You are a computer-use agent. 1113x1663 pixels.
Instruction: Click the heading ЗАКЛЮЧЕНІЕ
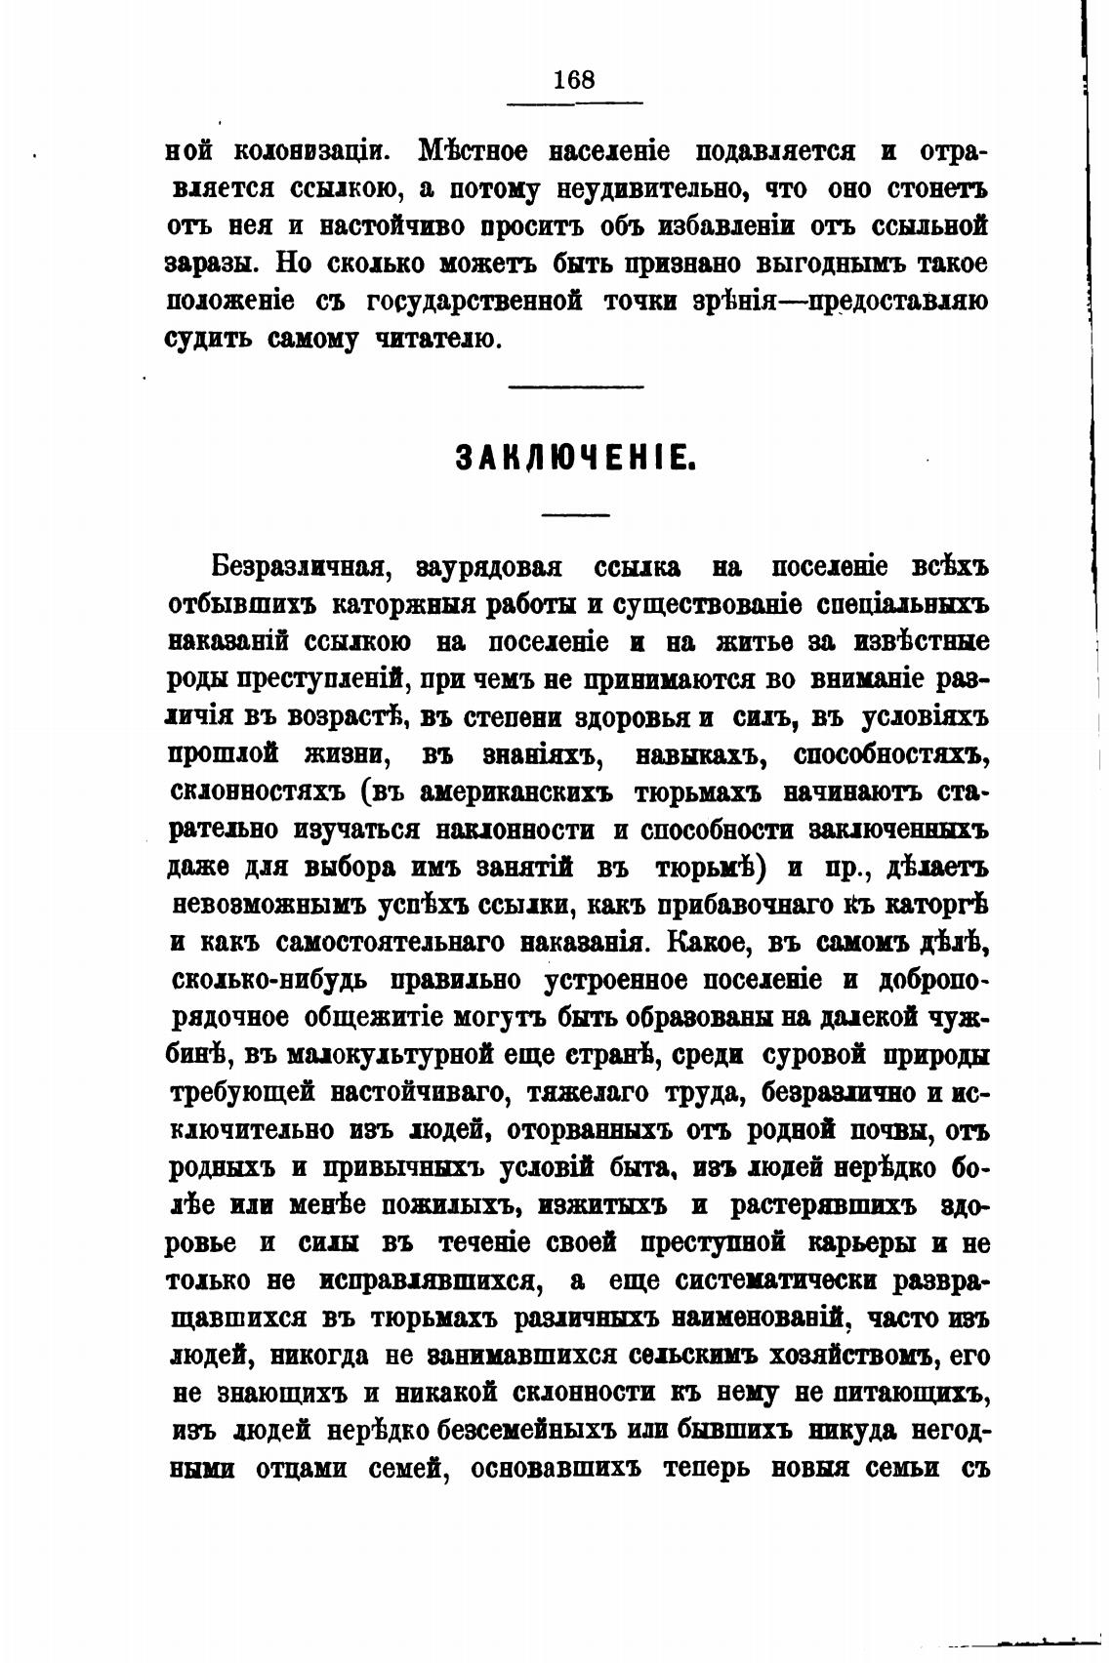pos(576,458)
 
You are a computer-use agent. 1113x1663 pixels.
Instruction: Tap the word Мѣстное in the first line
pos(474,152)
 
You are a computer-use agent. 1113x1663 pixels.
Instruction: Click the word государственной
pos(474,302)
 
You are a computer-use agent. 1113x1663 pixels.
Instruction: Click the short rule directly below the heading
pos(576,514)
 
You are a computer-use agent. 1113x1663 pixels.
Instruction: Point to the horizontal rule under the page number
pos(576,102)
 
